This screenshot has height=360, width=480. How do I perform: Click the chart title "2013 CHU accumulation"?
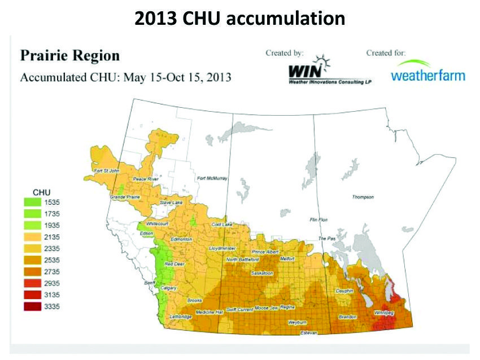click(239, 18)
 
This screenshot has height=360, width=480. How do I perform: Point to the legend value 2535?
click(52, 260)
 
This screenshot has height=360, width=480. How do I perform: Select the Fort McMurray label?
click(212, 179)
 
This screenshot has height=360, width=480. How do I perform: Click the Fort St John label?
click(106, 171)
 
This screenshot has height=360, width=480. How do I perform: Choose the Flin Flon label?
click(320, 219)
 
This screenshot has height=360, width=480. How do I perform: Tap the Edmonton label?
click(181, 239)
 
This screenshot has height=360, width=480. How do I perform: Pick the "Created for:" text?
click(387, 53)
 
